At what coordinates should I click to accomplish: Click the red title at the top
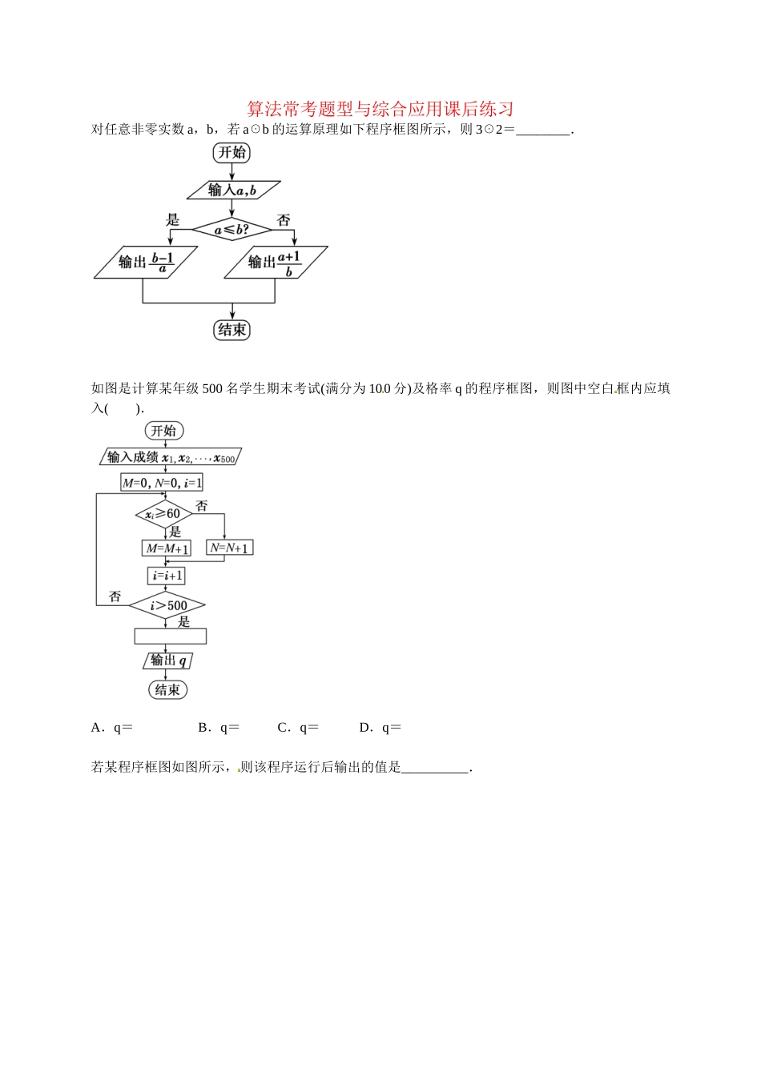pyautogui.click(x=380, y=109)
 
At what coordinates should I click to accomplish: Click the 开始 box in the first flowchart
pyautogui.click(x=232, y=153)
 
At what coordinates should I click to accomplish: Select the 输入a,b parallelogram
pyautogui.click(x=233, y=190)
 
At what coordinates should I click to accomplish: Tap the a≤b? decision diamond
pyautogui.click(x=232, y=230)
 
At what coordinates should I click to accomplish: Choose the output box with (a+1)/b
pyautogui.click(x=275, y=262)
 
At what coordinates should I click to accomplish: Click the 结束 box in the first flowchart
pyautogui.click(x=232, y=330)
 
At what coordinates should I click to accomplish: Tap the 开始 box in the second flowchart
pyautogui.click(x=164, y=431)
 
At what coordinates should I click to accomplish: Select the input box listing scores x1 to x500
pyautogui.click(x=171, y=457)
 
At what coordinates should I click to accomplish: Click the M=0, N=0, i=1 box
pyautogui.click(x=162, y=483)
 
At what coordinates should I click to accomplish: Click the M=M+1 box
pyautogui.click(x=167, y=548)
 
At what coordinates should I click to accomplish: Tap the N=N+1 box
pyautogui.click(x=229, y=548)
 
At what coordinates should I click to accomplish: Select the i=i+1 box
pyautogui.click(x=167, y=576)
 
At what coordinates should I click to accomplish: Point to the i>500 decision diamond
pyautogui.click(x=167, y=606)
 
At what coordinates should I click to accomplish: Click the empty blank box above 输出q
pyautogui.click(x=170, y=636)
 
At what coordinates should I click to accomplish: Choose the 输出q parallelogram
pyautogui.click(x=168, y=660)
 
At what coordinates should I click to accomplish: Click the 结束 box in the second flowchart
pyautogui.click(x=167, y=689)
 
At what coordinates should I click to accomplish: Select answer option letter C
pyautogui.click(x=283, y=728)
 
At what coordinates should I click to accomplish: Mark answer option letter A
pyautogui.click(x=97, y=728)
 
